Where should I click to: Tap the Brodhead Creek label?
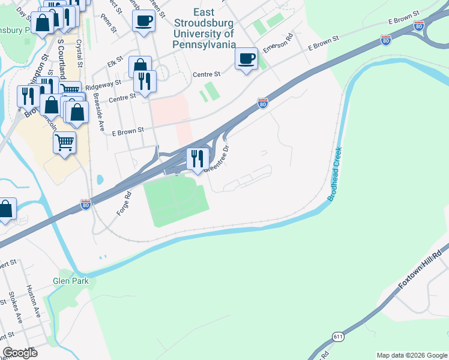pyautogui.click(x=335, y=174)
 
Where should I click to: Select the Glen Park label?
pyautogui.click(x=70, y=281)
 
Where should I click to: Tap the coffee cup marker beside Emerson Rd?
pyautogui.click(x=246, y=59)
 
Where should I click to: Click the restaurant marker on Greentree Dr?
pyautogui.click(x=197, y=158)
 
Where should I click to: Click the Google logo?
pyautogui.click(x=20, y=353)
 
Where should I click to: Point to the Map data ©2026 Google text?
pyautogui.click(x=411, y=355)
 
